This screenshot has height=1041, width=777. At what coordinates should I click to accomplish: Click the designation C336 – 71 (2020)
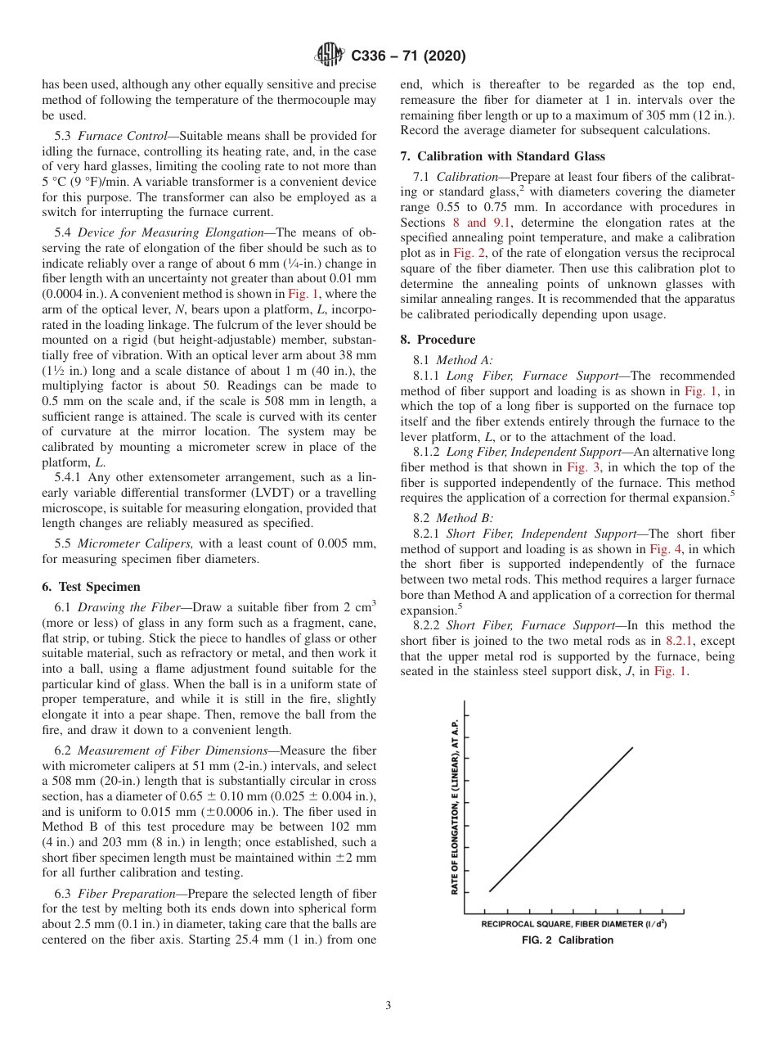[408, 56]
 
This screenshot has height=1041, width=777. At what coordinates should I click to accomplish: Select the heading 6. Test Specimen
[91, 586]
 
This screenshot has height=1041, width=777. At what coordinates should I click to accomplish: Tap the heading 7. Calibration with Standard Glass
[502, 155]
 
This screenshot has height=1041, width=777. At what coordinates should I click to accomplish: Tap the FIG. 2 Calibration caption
[567, 940]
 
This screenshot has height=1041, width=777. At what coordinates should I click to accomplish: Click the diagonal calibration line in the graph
[561, 818]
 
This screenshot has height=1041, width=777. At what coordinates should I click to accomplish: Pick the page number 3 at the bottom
[388, 1005]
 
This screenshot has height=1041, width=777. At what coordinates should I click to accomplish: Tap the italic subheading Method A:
[464, 359]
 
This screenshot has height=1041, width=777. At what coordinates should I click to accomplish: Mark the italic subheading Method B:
[464, 517]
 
